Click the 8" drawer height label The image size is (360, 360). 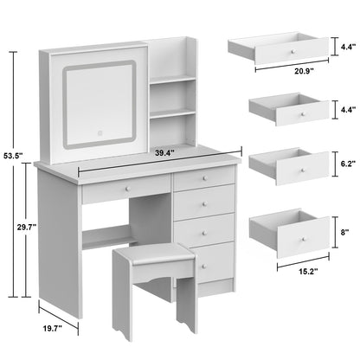[x=345, y=232]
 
